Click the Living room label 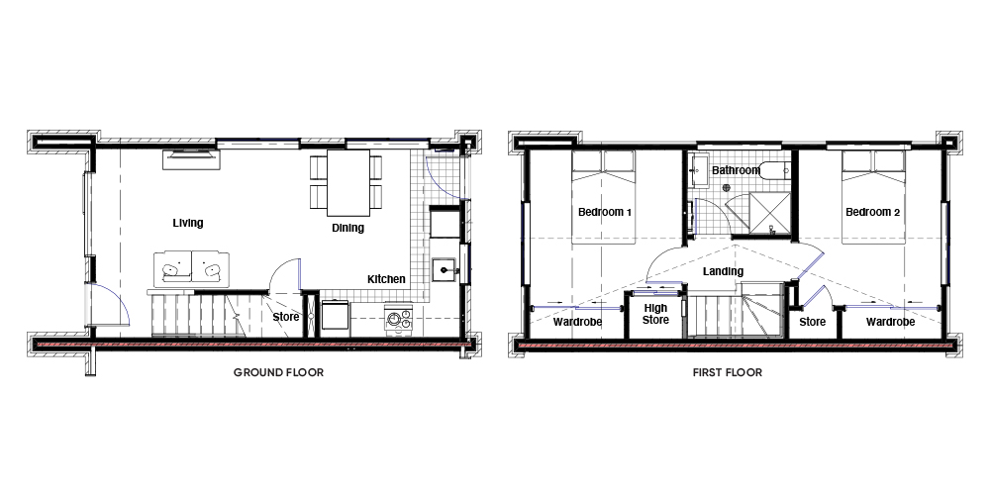pos(188,223)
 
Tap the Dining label pos(347,228)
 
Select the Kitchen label pos(386,279)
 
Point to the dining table pos(347,182)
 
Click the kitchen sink pos(447,269)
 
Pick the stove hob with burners pos(398,319)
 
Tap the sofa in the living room pos(191,269)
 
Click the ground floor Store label pos(286,317)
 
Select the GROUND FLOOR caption pos(278,372)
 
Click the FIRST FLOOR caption pos(728,372)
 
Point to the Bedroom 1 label pos(605,212)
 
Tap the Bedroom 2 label pos(872,212)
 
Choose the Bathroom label pos(737,170)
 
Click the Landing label pos(723,271)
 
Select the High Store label pos(655,315)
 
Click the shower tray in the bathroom pos(769,214)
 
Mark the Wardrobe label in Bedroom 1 pos(578,322)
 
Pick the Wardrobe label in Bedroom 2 pos(890,322)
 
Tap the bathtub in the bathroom pos(775,170)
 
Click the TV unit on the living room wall pos(191,159)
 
